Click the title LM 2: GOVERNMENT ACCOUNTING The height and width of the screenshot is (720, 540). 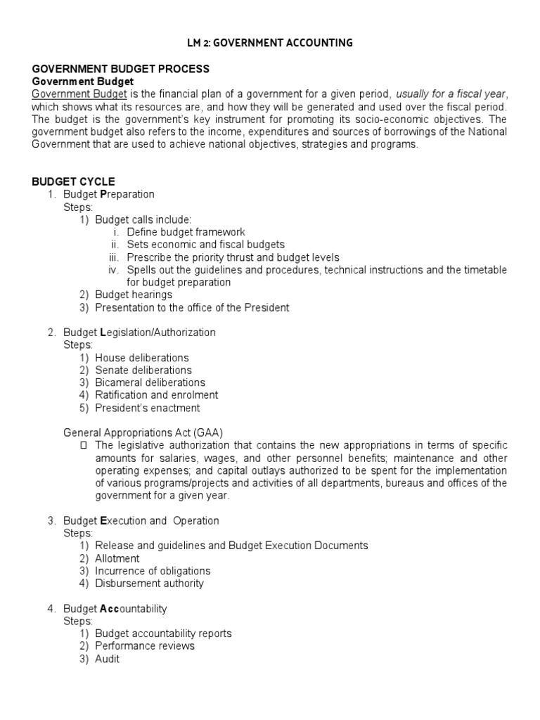point(270,43)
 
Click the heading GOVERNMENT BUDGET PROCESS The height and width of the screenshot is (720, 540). point(121,69)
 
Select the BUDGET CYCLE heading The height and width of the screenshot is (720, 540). point(74,181)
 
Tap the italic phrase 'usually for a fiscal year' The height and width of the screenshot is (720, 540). point(451,94)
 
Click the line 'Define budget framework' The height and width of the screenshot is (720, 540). point(186,232)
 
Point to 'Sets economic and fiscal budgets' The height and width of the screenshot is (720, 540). point(205,245)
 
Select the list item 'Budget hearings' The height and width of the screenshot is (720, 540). point(134,295)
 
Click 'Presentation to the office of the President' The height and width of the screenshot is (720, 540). point(192,308)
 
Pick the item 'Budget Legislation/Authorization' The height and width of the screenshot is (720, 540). point(139,333)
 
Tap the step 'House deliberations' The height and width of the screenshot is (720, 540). point(142,358)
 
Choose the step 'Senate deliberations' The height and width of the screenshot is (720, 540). point(143,371)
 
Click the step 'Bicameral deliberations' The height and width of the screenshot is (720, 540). point(150,383)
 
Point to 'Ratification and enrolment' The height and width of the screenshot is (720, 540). point(156,395)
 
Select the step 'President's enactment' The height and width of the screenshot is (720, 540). point(148,408)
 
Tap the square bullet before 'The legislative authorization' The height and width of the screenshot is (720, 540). point(84,446)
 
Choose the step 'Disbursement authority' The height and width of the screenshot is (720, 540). point(149,584)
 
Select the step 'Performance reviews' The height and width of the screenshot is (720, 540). point(145,646)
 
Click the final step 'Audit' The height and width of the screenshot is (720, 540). point(108,659)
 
